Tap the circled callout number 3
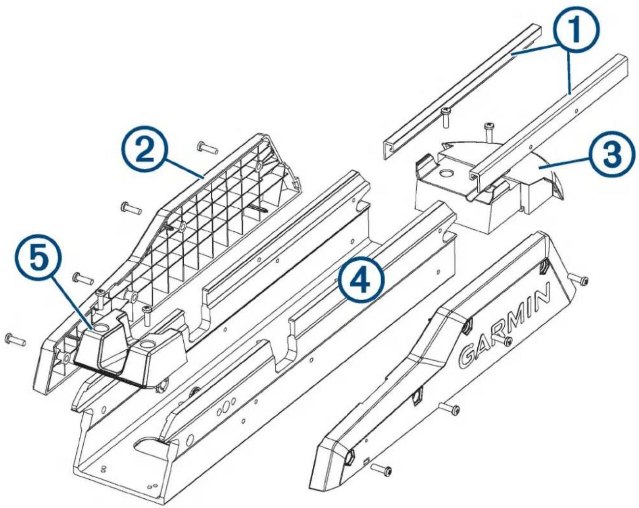coord(607,156)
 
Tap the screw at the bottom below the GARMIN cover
coord(381,470)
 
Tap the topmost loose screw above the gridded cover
coord(207,147)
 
